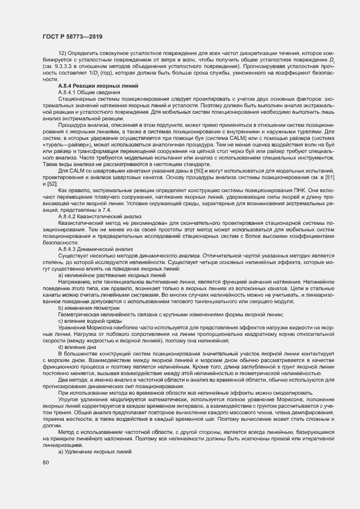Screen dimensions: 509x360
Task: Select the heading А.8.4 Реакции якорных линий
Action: [98, 86]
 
